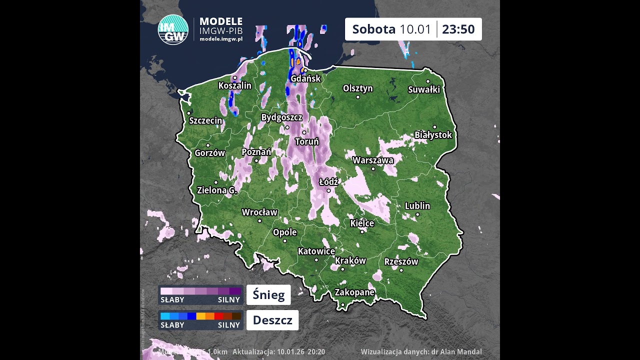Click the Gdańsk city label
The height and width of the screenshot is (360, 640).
coord(305,78)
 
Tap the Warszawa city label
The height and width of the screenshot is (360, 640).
coord(373,160)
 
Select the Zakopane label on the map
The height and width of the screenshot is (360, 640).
coord(354,292)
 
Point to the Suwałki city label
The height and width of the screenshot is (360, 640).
coord(424,89)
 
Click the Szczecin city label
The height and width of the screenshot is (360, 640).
coord(205,120)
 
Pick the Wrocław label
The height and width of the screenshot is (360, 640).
coord(259,212)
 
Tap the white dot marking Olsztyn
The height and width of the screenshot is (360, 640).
coord(358,97)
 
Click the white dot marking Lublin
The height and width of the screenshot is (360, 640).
coord(417,214)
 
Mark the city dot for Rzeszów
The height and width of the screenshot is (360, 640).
coord(401,270)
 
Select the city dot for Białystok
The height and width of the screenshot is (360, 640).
coord(434,127)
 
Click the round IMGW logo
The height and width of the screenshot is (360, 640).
coord(173,30)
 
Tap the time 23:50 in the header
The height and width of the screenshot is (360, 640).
coord(458,29)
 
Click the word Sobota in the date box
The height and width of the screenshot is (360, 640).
coord(374,29)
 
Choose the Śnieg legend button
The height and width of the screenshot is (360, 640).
coord(268,295)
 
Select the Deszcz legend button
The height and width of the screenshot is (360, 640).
coord(272,320)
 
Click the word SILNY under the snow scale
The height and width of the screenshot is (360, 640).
coord(229,300)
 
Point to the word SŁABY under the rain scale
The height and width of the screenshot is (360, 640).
coord(172,325)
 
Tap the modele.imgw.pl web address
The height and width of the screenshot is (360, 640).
coord(221,39)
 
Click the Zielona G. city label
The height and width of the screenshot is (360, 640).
coord(216,190)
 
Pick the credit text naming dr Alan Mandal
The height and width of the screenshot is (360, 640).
coord(421,352)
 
